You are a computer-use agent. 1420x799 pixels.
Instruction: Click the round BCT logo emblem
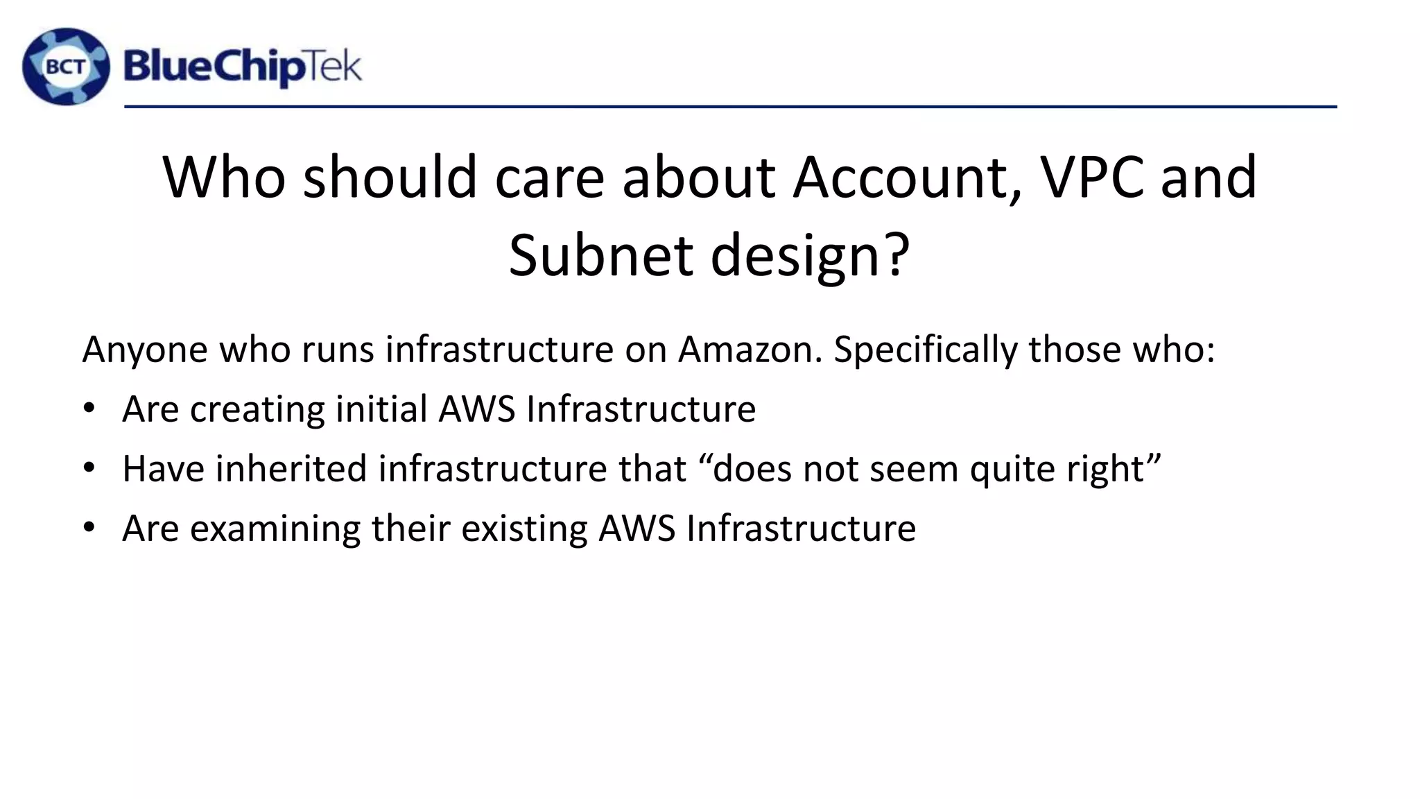coord(66,67)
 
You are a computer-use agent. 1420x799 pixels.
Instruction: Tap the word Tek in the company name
coord(334,68)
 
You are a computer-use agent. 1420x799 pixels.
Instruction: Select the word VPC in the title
coord(1091,178)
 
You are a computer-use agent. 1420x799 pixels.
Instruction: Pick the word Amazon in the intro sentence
coord(750,349)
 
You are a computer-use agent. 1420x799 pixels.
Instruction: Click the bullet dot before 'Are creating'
coord(88,409)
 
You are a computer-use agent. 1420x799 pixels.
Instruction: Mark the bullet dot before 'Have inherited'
coord(88,468)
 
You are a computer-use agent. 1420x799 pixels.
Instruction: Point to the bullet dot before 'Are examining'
coord(88,528)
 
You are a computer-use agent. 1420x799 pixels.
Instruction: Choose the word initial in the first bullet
coord(381,409)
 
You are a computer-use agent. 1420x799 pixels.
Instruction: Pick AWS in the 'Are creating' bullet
coord(477,409)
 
